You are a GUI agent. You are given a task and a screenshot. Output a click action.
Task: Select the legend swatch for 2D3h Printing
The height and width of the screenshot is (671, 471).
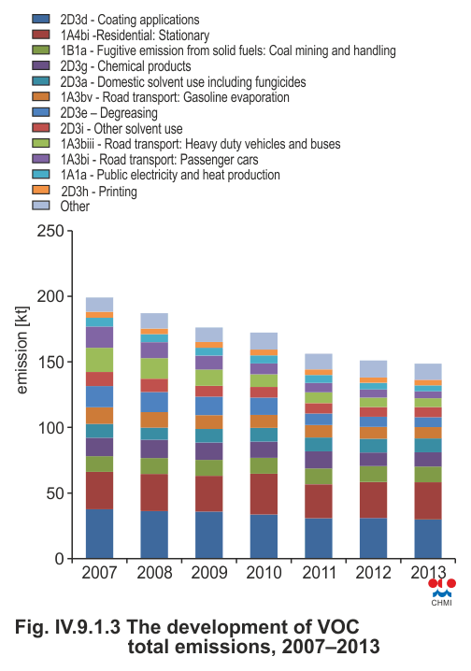tap(40, 190)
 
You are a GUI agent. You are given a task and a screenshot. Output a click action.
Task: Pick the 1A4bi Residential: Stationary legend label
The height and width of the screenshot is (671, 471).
tap(135, 36)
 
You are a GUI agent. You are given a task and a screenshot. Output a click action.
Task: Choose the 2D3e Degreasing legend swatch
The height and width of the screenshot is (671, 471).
tap(40, 112)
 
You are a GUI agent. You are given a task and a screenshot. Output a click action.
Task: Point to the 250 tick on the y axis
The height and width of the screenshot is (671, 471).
tap(50, 231)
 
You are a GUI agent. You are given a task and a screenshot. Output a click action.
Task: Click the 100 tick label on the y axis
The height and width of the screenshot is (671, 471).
tap(50, 427)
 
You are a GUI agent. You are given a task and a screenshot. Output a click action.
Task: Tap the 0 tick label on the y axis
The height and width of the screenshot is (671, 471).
tap(59, 559)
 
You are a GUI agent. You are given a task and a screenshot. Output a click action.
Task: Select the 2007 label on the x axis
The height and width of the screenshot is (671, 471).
tap(99, 573)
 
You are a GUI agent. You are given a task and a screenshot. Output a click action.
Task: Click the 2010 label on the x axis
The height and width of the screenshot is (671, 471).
tap(264, 573)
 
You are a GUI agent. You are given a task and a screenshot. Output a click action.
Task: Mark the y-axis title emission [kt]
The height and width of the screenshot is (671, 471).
tap(21, 350)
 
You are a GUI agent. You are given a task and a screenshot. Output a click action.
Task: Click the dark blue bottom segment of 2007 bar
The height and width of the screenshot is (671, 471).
tap(99, 534)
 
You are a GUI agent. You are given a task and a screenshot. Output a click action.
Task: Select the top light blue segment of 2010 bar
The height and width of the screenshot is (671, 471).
tap(264, 341)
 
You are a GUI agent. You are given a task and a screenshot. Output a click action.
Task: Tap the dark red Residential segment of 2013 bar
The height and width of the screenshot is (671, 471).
tap(428, 501)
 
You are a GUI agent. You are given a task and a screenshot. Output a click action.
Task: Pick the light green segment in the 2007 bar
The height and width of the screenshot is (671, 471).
tap(99, 360)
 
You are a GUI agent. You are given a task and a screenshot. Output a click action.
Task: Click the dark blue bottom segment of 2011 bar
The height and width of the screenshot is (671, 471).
tap(319, 538)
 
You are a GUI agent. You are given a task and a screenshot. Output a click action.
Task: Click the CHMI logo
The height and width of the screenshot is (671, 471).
tap(442, 592)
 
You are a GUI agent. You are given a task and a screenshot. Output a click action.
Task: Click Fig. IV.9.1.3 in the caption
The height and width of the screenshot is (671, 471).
tap(67, 627)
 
